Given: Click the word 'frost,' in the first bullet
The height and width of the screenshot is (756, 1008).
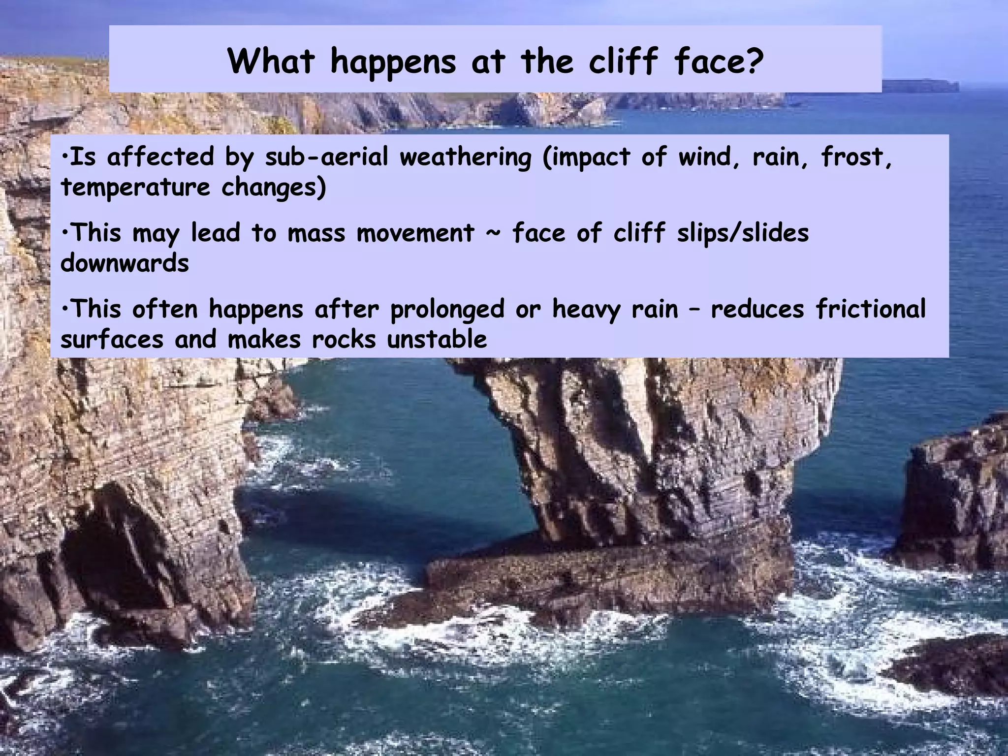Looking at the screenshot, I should [x=856, y=157].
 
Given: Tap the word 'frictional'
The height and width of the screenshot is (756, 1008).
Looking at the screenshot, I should [x=871, y=309].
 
